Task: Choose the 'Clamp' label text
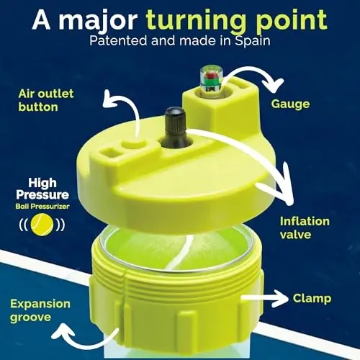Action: point(312,297)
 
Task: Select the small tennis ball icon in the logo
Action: point(44,224)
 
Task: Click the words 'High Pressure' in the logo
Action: point(44,189)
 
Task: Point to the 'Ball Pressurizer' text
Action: point(44,207)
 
